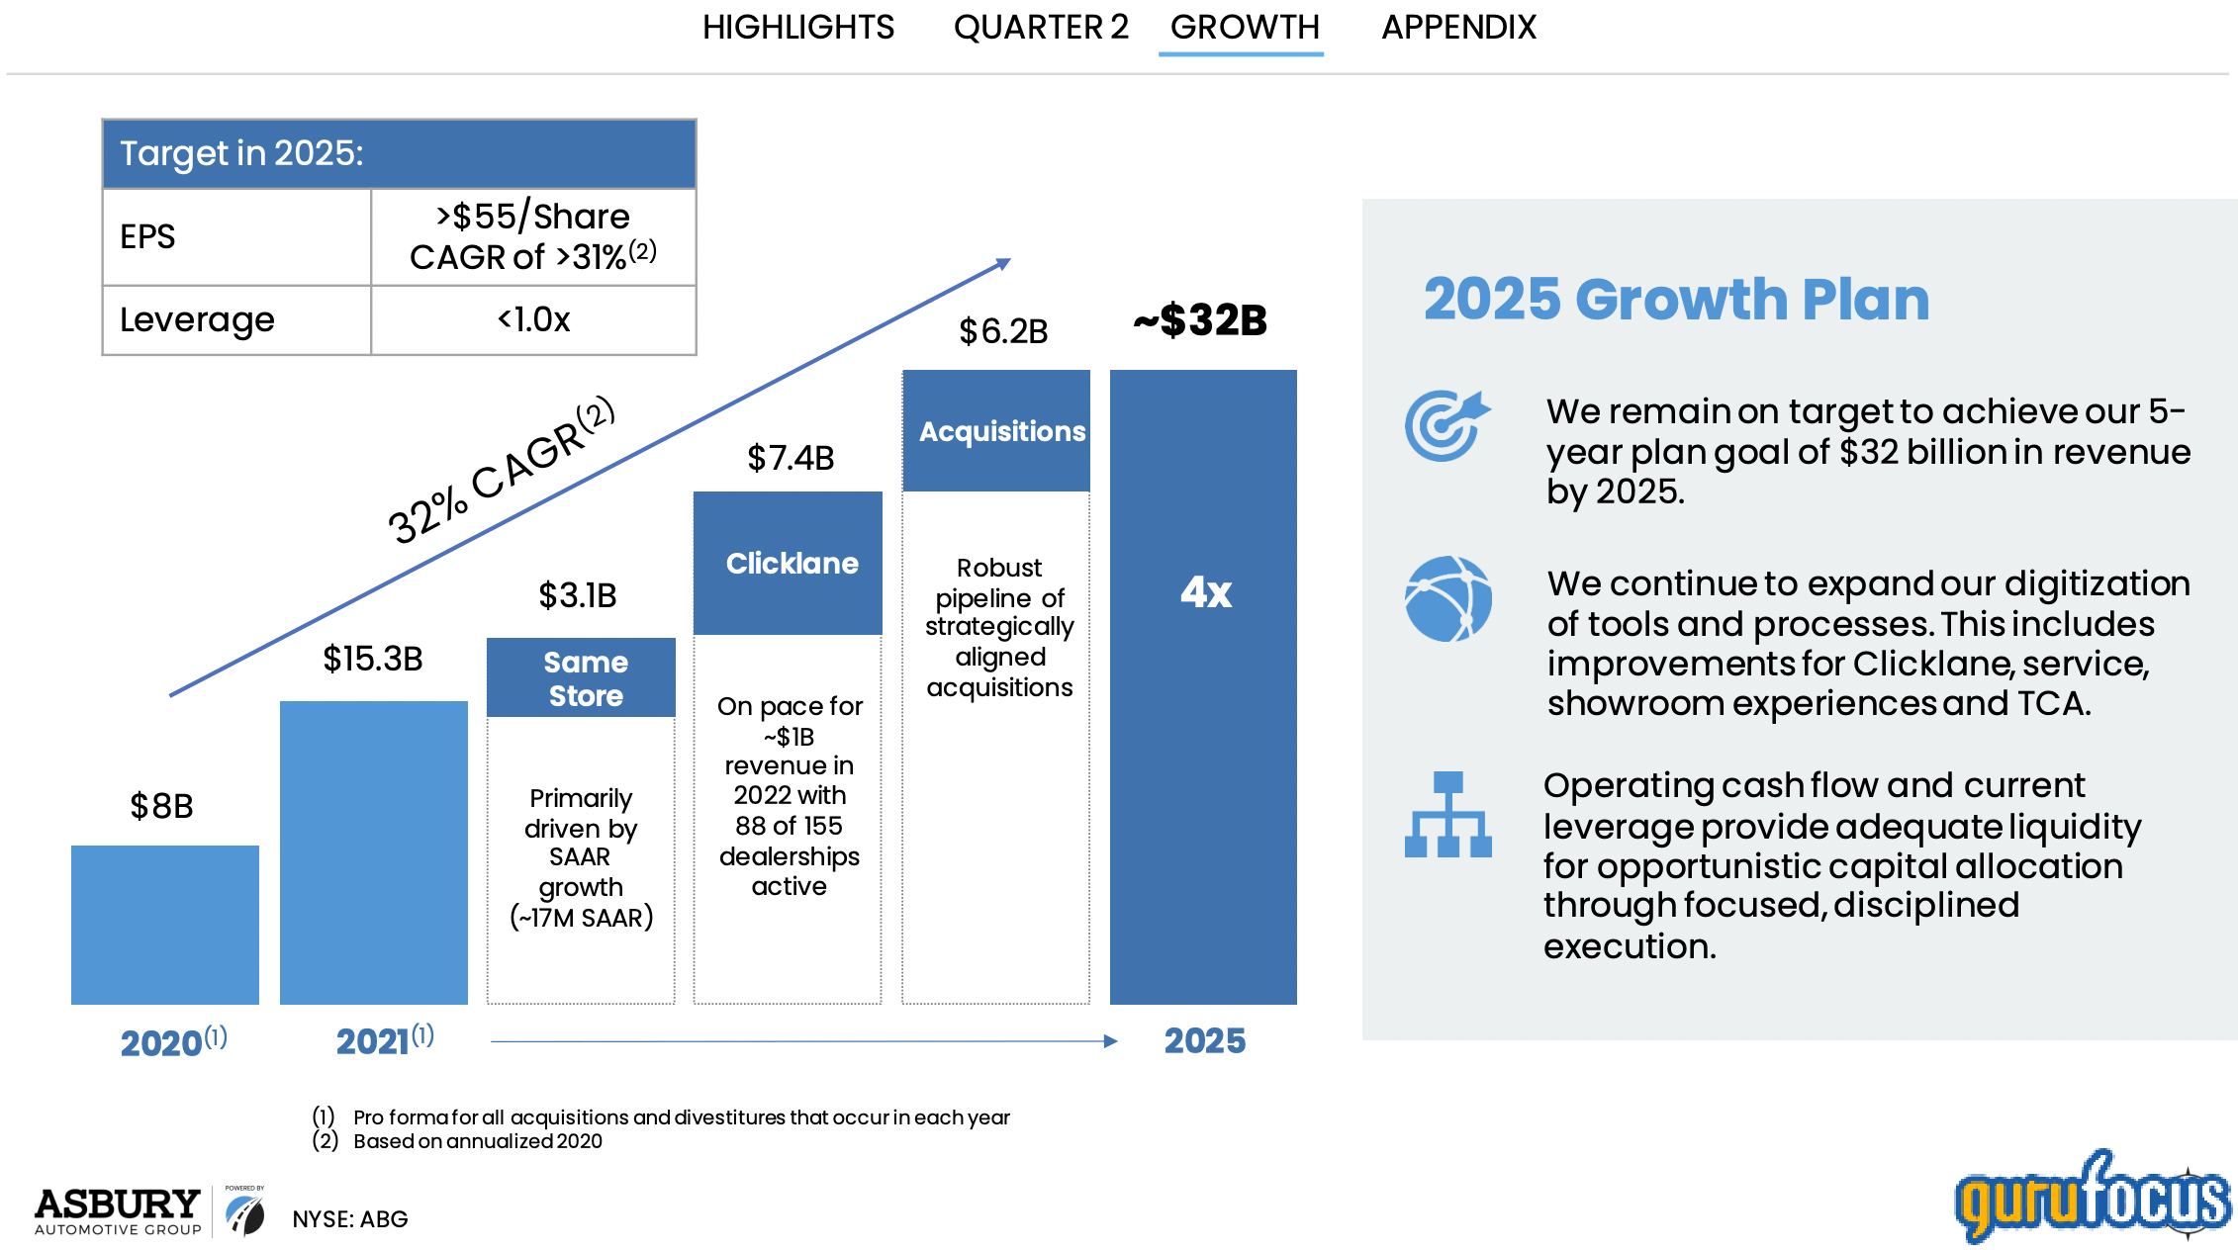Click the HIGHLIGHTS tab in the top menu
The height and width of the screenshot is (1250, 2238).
pyautogui.click(x=797, y=27)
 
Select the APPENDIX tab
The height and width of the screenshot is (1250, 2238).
pyautogui.click(x=1458, y=27)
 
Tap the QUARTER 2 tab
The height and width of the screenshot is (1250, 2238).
pyautogui.click(x=1040, y=27)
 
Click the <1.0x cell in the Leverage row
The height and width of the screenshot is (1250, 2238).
pyautogui.click(x=533, y=319)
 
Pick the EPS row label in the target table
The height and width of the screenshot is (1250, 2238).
pyautogui.click(x=147, y=236)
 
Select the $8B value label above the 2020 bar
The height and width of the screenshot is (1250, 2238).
pyautogui.click(x=162, y=806)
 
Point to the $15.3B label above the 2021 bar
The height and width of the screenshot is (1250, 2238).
pyautogui.click(x=373, y=659)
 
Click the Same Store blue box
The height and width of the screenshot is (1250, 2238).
pyautogui.click(x=582, y=677)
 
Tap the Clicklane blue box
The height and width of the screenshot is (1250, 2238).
pyautogui.click(x=789, y=563)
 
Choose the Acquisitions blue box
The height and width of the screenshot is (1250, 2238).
pyautogui.click(x=997, y=431)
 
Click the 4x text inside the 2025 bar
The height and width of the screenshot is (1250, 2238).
pyautogui.click(x=1205, y=592)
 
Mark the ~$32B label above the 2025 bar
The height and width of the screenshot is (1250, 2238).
pyautogui.click(x=1200, y=320)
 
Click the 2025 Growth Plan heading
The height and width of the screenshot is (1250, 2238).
pyautogui.click(x=1676, y=299)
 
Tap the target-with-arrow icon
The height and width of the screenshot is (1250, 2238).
pyautogui.click(x=1446, y=426)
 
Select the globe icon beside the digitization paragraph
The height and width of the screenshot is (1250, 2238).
pyautogui.click(x=1447, y=599)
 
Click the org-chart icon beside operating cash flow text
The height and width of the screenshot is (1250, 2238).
pyautogui.click(x=1447, y=815)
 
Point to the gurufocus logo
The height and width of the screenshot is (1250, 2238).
pyautogui.click(x=2092, y=1198)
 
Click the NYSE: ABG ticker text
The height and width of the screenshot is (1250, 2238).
pyautogui.click(x=349, y=1219)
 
